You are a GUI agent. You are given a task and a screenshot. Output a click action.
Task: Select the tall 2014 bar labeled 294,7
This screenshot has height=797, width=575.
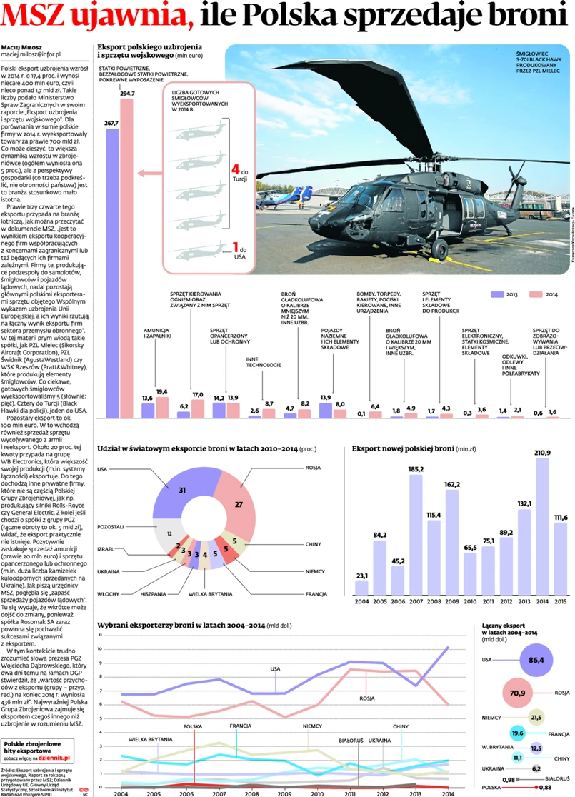click(127, 257)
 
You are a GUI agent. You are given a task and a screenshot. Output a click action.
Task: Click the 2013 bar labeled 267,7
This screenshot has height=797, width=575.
click(111, 271)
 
